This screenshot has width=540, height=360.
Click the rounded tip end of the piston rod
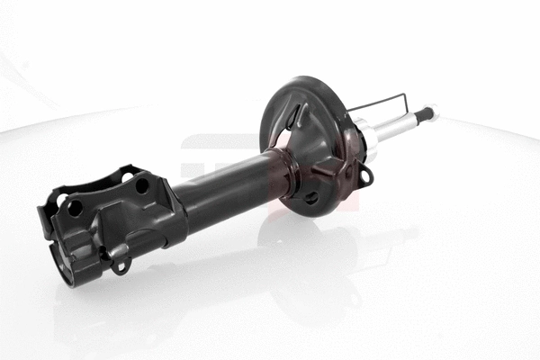tap(433, 110)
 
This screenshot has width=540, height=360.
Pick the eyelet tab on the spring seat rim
tap(366, 176)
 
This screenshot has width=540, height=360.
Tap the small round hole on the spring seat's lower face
tap(310, 196)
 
